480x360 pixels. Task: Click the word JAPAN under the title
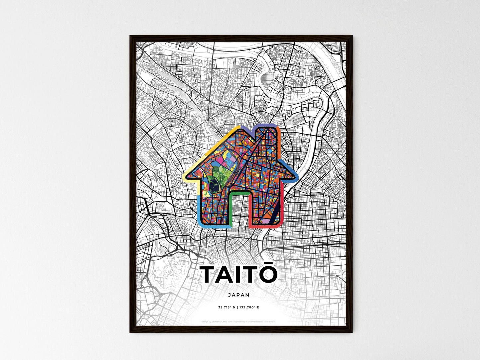tap(239, 295)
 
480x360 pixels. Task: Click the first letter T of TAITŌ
tap(210, 275)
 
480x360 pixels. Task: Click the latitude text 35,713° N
tap(227, 307)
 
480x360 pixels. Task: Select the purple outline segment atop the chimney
tap(266, 126)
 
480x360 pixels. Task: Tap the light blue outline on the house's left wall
tap(199, 209)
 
